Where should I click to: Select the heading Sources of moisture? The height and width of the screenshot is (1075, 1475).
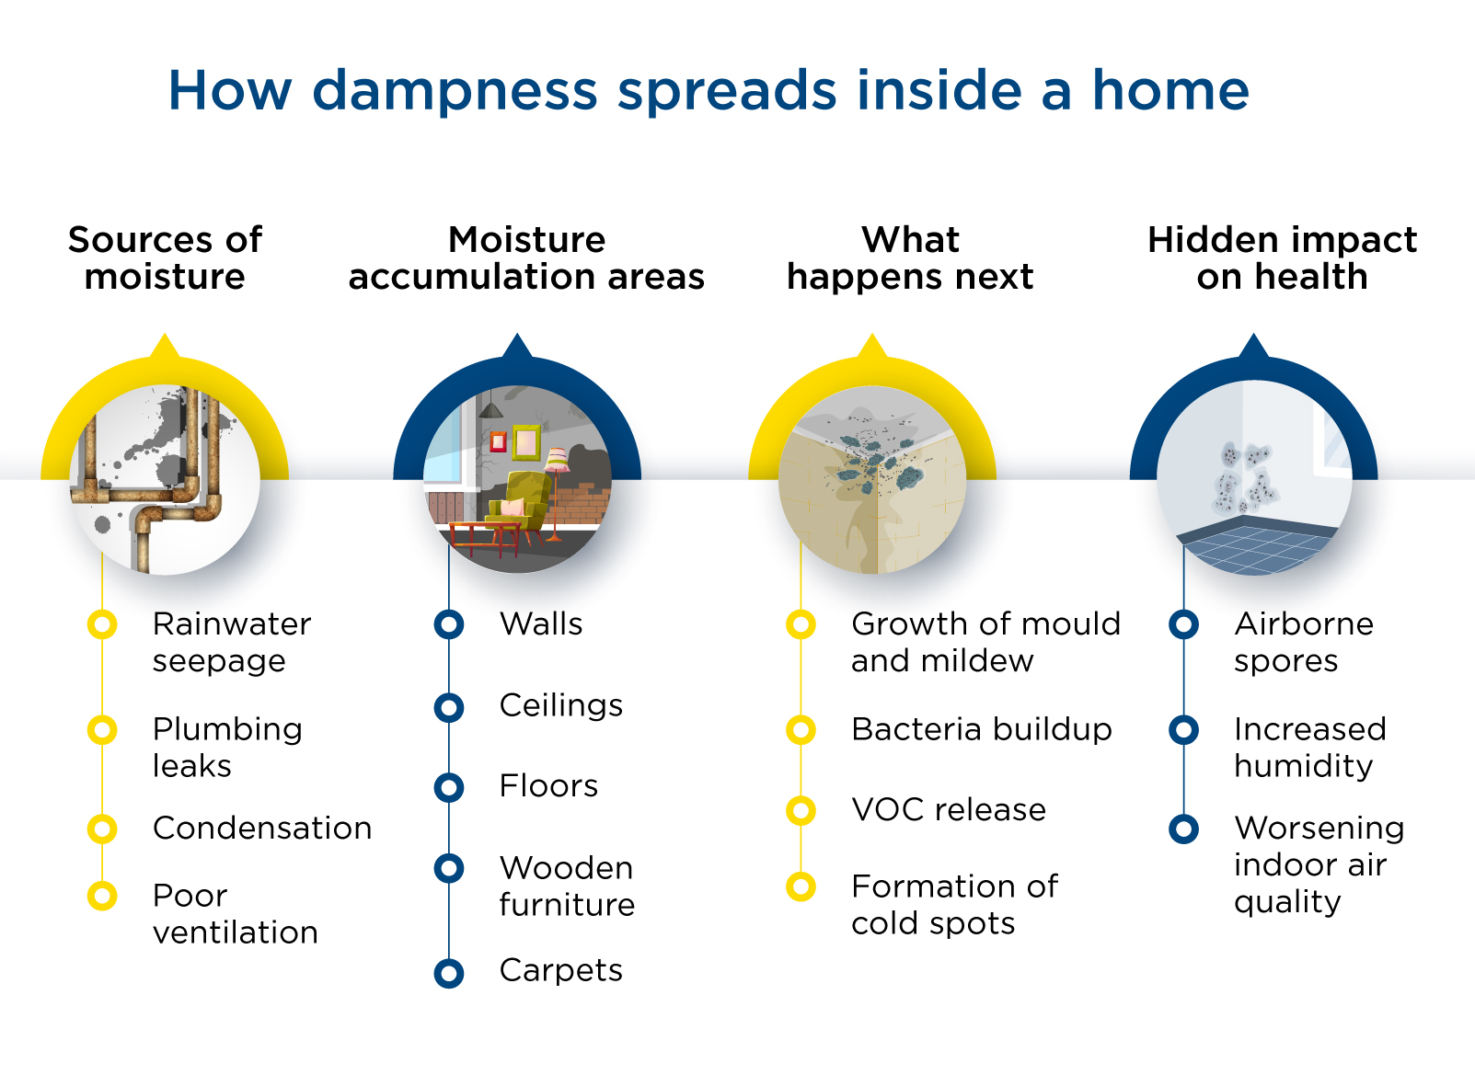[x=165, y=258]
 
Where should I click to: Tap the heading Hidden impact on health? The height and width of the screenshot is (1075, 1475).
[x=1282, y=258]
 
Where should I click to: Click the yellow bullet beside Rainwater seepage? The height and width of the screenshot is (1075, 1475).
[x=102, y=624]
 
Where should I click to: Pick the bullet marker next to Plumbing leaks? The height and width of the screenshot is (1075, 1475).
[x=102, y=730]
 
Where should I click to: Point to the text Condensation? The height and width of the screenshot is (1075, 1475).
[x=262, y=829]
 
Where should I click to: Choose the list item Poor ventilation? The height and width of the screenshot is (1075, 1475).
[x=235, y=914]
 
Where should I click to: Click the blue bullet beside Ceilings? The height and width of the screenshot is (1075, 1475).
[x=449, y=707]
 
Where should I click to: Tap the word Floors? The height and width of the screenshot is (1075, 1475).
[x=548, y=786]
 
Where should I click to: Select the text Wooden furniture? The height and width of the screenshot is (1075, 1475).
[x=567, y=886]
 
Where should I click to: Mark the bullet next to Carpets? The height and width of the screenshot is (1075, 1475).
[x=449, y=973]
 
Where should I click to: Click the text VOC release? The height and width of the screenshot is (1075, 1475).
[x=949, y=810]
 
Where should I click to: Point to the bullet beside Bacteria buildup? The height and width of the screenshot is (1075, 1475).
[x=801, y=730]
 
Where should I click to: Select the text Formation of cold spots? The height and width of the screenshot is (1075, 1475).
[x=954, y=905]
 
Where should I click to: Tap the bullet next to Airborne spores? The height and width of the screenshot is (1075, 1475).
[x=1184, y=624]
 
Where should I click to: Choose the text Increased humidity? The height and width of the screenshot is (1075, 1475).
[x=1309, y=748]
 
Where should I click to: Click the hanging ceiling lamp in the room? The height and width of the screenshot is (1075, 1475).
[x=491, y=407]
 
